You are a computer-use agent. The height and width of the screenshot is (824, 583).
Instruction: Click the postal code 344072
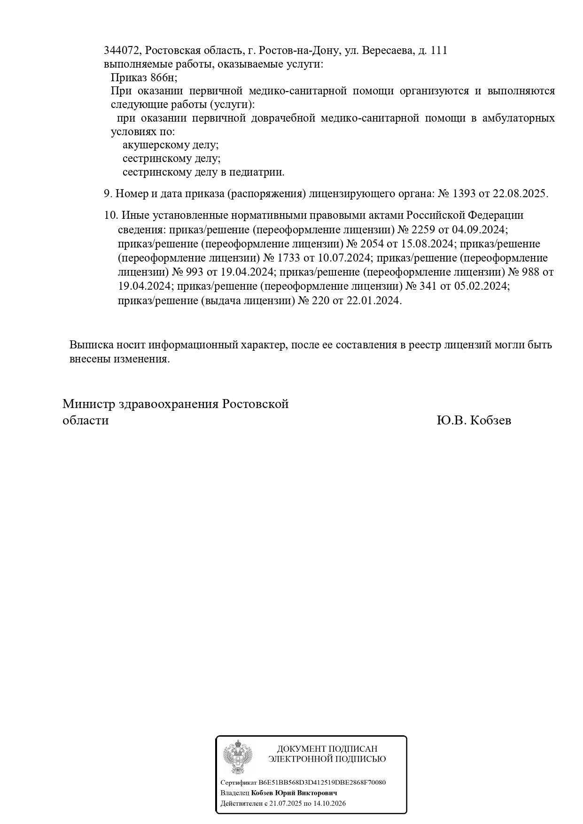pos(121,51)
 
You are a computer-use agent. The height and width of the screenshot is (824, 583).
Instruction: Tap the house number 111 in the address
pos(438,51)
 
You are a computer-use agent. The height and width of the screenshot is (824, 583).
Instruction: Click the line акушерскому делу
pos(171,145)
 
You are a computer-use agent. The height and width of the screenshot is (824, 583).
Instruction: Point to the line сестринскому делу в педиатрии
pos(203,172)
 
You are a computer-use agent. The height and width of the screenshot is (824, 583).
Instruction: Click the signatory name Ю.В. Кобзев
pos(474,421)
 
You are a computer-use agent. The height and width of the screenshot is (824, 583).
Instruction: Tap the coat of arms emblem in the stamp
pos(237,757)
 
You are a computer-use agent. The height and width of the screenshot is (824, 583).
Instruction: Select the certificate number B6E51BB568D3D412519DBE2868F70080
pos(322,783)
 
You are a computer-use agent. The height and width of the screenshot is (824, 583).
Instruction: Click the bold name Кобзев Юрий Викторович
pos(294,793)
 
